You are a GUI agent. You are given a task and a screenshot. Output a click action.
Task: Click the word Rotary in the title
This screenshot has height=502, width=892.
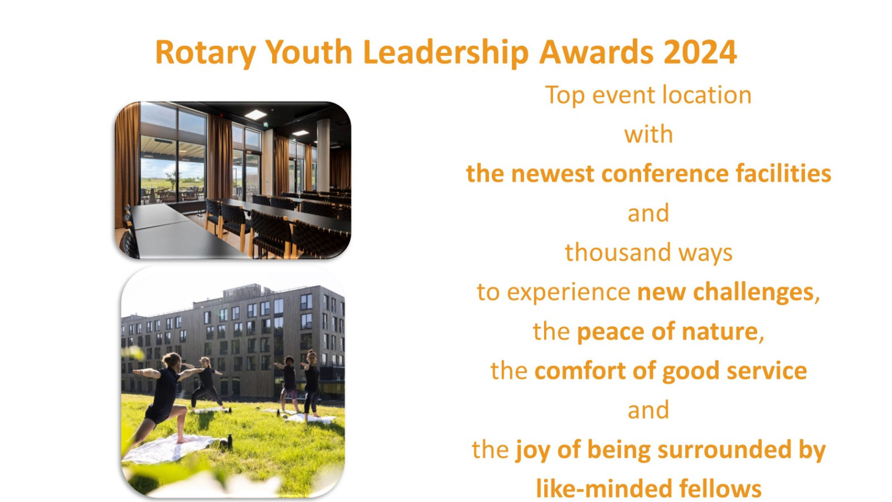coord(205,53)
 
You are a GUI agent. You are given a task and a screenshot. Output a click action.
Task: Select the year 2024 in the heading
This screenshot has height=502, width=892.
coord(700,52)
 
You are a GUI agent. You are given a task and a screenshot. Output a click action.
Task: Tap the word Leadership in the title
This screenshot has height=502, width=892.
coord(445,53)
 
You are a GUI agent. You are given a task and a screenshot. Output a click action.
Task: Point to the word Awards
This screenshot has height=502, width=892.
coord(596,52)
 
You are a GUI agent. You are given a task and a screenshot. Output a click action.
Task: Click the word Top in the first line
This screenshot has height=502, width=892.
coord(565,96)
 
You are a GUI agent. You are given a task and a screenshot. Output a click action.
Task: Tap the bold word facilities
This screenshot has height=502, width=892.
coord(783,174)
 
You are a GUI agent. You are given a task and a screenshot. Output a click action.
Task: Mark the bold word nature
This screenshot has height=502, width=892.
coord(720,332)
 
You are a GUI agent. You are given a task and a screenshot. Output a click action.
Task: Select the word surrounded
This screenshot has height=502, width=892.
coord(724,450)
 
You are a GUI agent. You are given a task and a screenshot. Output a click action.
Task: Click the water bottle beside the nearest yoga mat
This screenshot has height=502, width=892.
coord(229,441)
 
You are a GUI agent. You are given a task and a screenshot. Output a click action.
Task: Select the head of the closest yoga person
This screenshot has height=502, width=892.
coord(172,360)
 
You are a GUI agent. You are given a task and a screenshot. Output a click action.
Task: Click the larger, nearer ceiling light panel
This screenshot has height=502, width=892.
coord(255,115)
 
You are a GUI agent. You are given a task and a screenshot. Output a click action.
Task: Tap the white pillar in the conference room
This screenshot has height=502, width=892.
coord(323,155)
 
